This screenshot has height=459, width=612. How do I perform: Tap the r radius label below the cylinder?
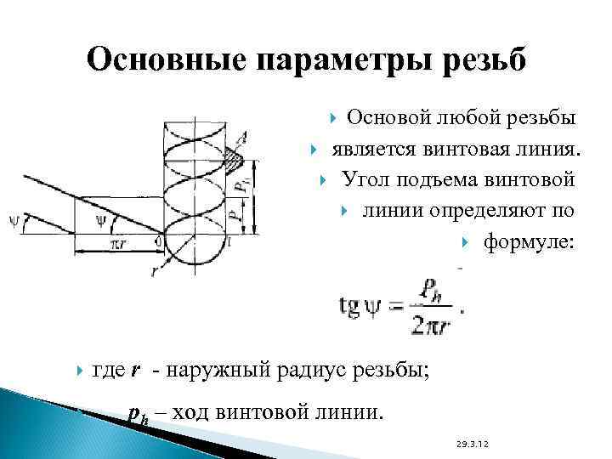[x=154, y=274]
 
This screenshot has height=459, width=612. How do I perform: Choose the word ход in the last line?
[x=195, y=413]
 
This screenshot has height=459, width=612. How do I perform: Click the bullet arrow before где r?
[x=79, y=370]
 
